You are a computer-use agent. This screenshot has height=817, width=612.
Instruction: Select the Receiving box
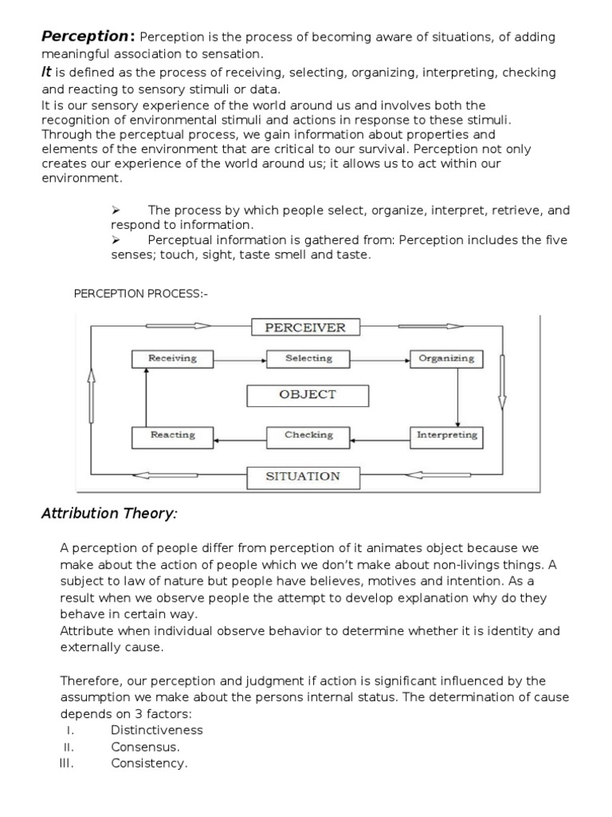[x=172, y=358]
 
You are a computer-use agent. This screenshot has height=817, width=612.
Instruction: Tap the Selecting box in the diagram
[x=308, y=358]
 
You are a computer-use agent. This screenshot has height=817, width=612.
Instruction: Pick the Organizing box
[x=446, y=358]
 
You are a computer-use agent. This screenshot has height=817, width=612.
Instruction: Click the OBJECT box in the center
[x=308, y=395]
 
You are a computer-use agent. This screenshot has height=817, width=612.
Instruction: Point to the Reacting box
[x=172, y=435]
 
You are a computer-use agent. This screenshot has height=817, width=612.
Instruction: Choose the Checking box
[x=308, y=435]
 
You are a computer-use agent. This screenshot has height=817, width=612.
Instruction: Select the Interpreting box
[x=446, y=435]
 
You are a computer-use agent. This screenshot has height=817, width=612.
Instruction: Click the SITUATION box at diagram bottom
[x=302, y=476]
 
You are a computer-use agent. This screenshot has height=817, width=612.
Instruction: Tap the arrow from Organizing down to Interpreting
[x=457, y=397]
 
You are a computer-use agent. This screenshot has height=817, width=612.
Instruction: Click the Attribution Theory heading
[x=109, y=514]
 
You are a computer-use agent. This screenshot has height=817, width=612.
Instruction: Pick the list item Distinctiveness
[x=157, y=730]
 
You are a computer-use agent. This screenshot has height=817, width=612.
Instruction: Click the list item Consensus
[x=145, y=747]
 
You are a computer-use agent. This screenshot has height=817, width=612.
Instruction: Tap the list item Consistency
[x=149, y=764]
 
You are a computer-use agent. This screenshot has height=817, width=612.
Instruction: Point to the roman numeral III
[x=66, y=764]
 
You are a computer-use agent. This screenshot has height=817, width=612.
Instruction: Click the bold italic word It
[x=46, y=73]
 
